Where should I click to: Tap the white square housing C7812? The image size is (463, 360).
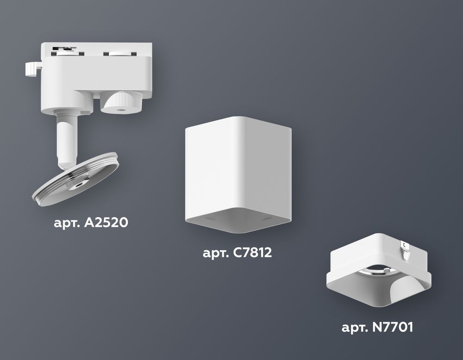pos(238,167)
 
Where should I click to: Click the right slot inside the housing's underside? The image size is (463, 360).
pos(268,217)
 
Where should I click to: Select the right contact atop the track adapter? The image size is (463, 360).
pos(113,53)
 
